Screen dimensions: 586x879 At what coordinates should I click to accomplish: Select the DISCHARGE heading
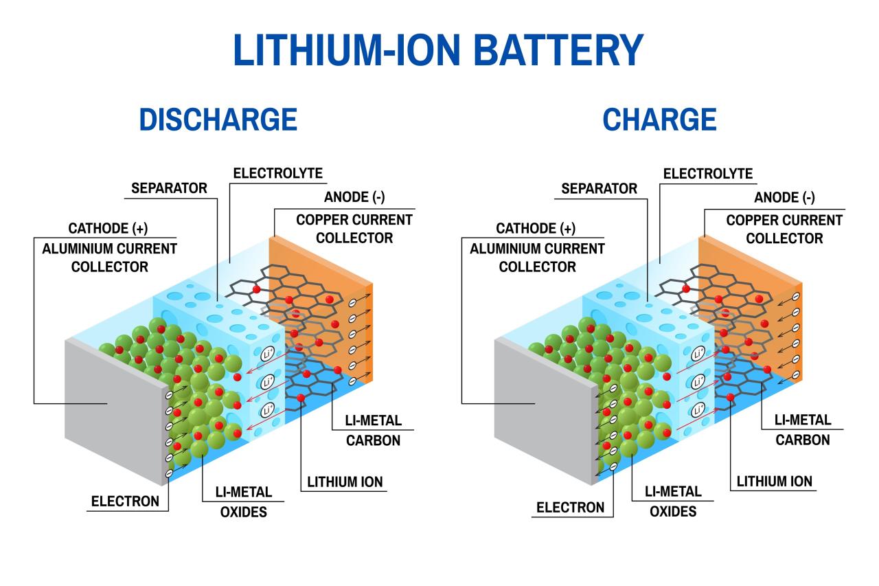pos(218,120)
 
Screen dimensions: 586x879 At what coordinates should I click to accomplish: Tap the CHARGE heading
pos(659,120)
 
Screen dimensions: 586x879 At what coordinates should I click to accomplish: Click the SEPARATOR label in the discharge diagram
pos(169,188)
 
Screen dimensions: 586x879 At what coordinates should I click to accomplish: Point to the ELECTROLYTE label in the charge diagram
pos(707,174)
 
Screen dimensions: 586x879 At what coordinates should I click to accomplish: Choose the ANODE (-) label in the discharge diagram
pos(354,198)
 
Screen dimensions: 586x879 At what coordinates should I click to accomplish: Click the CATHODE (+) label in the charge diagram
pos(536,229)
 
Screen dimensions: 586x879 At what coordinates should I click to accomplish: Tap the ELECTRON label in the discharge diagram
pos(125,502)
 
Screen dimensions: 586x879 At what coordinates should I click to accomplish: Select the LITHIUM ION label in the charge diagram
pos(774,482)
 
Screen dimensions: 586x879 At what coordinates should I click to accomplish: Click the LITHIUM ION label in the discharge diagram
pos(345,482)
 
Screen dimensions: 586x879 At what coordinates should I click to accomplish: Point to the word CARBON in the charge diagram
pos(803,440)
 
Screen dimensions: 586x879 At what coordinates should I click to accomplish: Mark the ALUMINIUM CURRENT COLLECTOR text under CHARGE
pos(537,258)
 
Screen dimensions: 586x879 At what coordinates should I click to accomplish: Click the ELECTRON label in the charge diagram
pos(570,508)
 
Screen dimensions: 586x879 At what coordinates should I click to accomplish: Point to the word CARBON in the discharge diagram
pos(373,440)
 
